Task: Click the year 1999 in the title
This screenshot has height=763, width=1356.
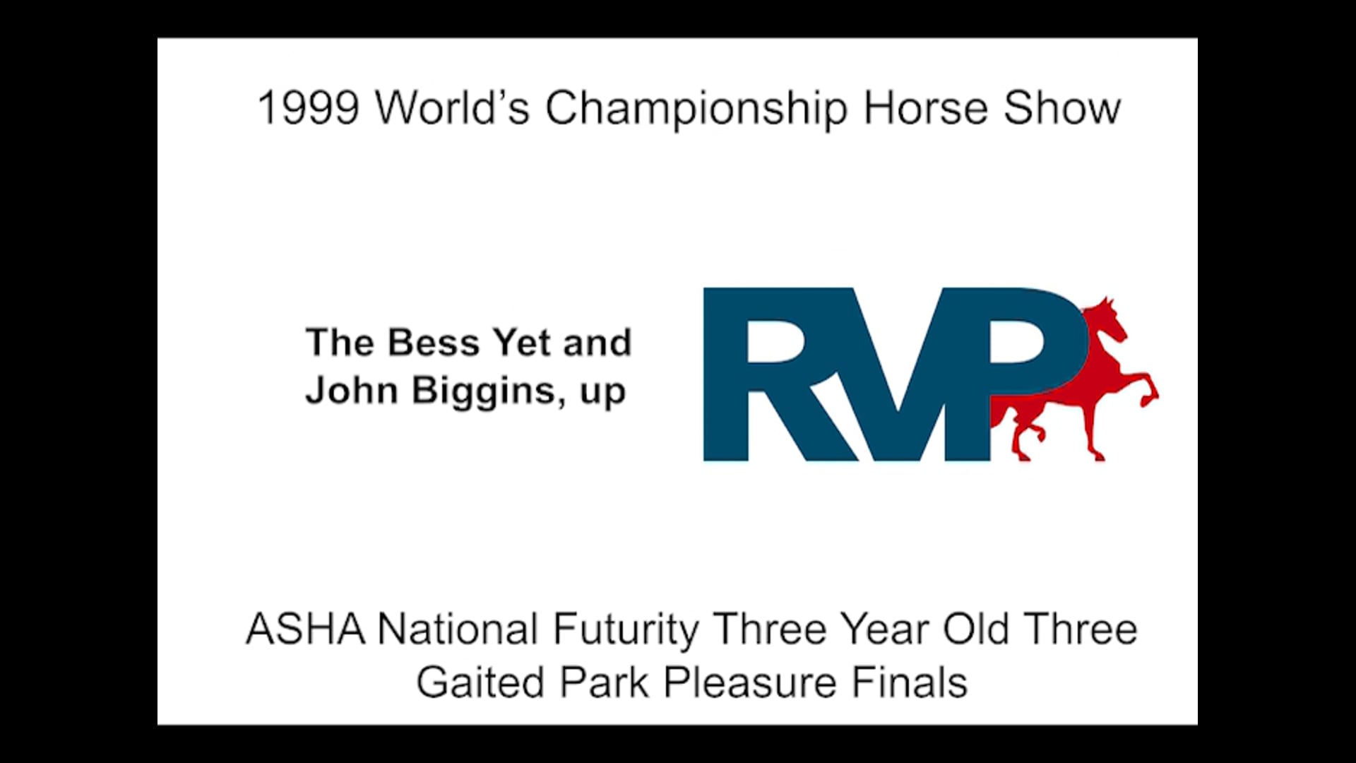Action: (308, 109)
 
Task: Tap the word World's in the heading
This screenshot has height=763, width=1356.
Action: (452, 109)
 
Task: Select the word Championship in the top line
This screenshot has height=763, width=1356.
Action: (696, 109)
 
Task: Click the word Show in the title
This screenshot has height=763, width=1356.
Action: (1062, 109)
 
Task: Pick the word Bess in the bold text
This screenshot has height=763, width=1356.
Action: (434, 343)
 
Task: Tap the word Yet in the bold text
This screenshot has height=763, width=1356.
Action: (522, 343)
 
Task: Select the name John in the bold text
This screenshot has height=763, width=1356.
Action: (351, 391)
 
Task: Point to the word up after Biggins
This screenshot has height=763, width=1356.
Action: (602, 393)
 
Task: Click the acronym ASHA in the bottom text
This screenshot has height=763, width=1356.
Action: (306, 629)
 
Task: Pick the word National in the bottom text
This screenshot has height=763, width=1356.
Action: (458, 629)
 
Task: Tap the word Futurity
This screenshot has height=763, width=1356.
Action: (626, 629)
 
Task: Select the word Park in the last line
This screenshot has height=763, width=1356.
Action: (604, 683)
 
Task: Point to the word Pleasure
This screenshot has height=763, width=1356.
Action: (750, 683)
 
